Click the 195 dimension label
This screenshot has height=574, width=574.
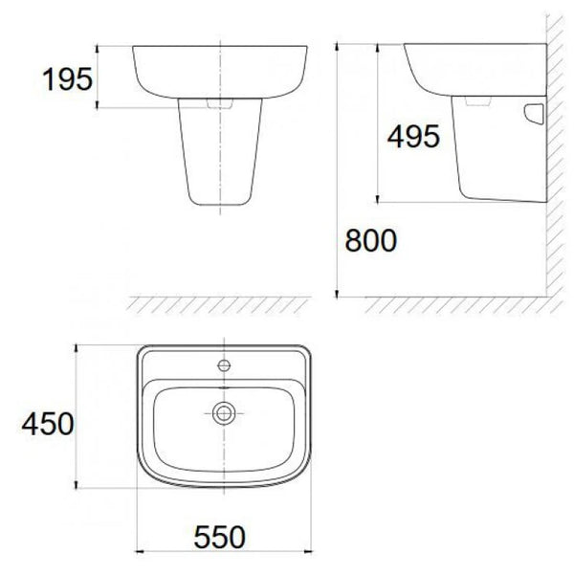click(68, 79)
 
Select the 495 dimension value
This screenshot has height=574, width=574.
click(413, 136)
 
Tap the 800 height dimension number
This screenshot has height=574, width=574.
click(371, 240)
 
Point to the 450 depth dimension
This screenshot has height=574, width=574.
click(48, 424)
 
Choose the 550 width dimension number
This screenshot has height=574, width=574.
click(220, 537)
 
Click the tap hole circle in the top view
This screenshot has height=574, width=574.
click(224, 365)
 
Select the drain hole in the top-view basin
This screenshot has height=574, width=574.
click(224, 413)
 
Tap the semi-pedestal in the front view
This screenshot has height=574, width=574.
click(220, 151)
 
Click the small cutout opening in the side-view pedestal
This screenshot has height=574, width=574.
click(534, 114)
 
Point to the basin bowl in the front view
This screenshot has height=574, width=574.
click(220, 72)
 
